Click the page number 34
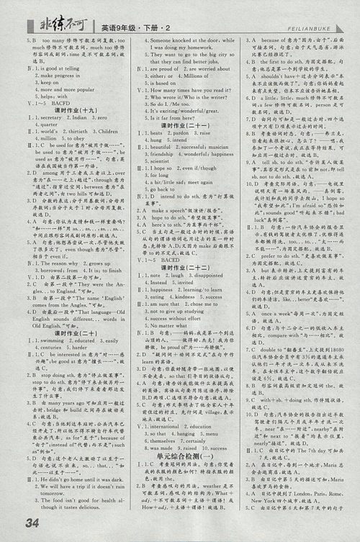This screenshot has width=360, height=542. click(34, 522)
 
